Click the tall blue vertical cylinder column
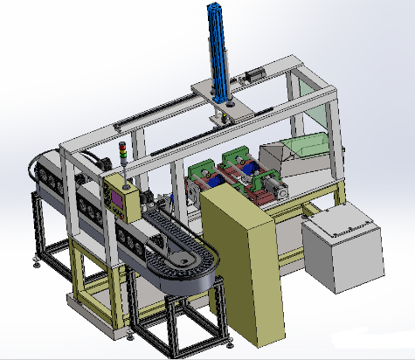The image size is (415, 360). coord(215,44)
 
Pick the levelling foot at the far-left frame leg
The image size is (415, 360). coord(36,257)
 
